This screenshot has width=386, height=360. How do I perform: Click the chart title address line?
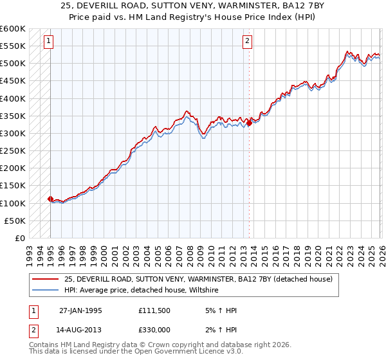[x=192, y=6]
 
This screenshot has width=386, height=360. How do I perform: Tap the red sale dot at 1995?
[x=50, y=199]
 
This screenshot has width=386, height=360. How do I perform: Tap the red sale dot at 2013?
[x=249, y=122]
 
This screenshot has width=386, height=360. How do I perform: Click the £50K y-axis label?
[x=15, y=221]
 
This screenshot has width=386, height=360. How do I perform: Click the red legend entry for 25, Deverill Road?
[x=198, y=279]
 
